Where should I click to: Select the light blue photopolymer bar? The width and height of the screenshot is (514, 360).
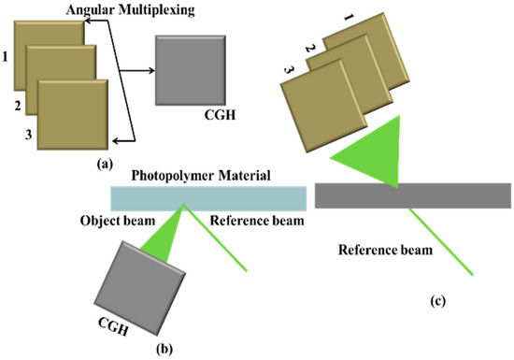[x=207, y=198]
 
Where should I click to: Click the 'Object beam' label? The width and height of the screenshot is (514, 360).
[x=114, y=220]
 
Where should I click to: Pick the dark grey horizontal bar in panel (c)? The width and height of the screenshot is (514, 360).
[x=412, y=194]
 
